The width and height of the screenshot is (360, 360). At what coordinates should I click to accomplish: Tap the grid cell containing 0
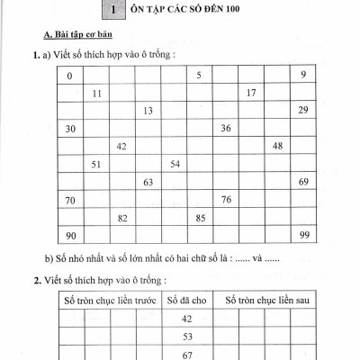tap(69, 75)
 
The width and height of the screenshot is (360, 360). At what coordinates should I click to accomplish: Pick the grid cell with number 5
tap(198, 75)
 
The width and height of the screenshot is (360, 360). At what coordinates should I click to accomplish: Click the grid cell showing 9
tap(304, 75)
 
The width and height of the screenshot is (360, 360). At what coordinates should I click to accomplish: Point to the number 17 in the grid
tap(251, 93)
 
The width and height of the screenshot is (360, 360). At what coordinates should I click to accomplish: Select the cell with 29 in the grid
tap(303, 110)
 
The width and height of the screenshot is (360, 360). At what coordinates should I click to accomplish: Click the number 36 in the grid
tap(225, 129)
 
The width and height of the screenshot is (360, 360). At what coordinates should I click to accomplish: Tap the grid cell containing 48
tap(277, 146)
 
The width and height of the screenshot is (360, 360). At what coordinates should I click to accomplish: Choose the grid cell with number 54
tap(175, 164)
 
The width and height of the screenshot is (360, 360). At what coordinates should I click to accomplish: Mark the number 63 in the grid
tap(148, 182)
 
